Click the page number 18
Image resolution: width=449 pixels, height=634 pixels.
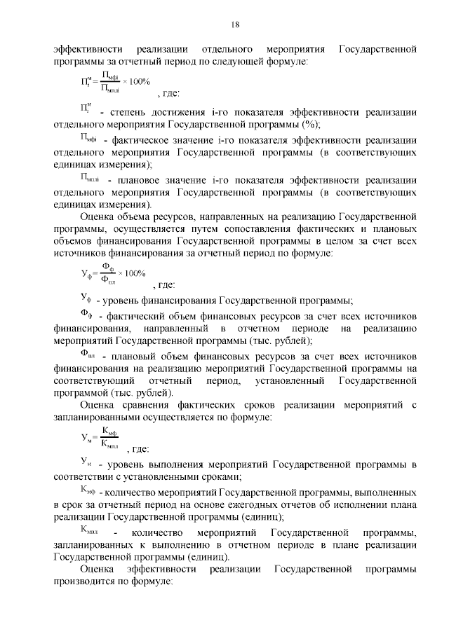point(235,25)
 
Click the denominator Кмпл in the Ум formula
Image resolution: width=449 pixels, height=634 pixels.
point(110,443)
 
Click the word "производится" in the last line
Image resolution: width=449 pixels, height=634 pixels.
point(84,581)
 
